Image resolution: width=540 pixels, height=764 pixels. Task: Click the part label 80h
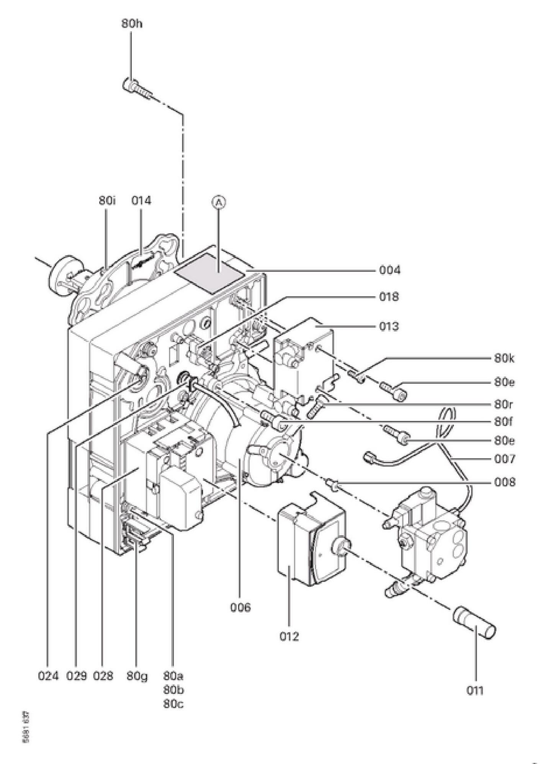tap(132, 24)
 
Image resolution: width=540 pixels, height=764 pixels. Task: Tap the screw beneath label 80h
tap(137, 88)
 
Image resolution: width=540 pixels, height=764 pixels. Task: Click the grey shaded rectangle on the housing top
tap(209, 273)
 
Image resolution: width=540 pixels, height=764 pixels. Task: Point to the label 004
tap(390, 270)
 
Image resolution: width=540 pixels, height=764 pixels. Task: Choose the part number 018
tap(389, 296)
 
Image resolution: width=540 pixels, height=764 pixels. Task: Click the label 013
tap(389, 326)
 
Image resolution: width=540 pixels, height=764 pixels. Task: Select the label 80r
tap(504, 404)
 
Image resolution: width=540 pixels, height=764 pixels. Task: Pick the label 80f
tap(503, 422)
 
